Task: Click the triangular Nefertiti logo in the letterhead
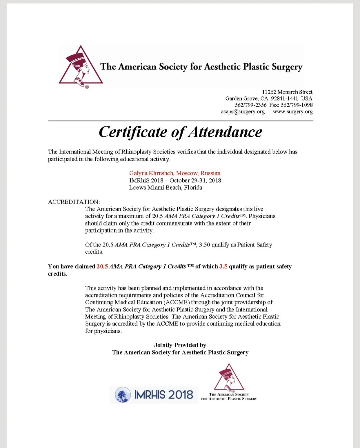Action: tap(81, 66)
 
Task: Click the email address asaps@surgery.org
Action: tap(243, 112)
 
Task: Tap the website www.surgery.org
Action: tap(292, 112)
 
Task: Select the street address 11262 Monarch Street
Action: tap(287, 92)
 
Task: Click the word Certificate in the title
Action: tap(133, 132)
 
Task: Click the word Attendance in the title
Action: tap(225, 132)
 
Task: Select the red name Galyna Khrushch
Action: tap(151, 173)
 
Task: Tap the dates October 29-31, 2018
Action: tap(195, 180)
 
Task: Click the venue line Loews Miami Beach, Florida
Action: tap(166, 188)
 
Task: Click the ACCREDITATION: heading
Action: tap(74, 202)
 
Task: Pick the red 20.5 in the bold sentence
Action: tap(102, 266)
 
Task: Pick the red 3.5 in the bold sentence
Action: tap(223, 266)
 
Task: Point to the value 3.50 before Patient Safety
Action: tap(204, 245)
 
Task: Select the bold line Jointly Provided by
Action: tap(180, 345)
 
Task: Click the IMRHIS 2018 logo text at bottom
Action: tap(163, 395)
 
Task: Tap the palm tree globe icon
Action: tap(123, 395)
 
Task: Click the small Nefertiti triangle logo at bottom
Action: tap(229, 378)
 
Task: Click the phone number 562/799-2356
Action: tap(250, 105)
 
